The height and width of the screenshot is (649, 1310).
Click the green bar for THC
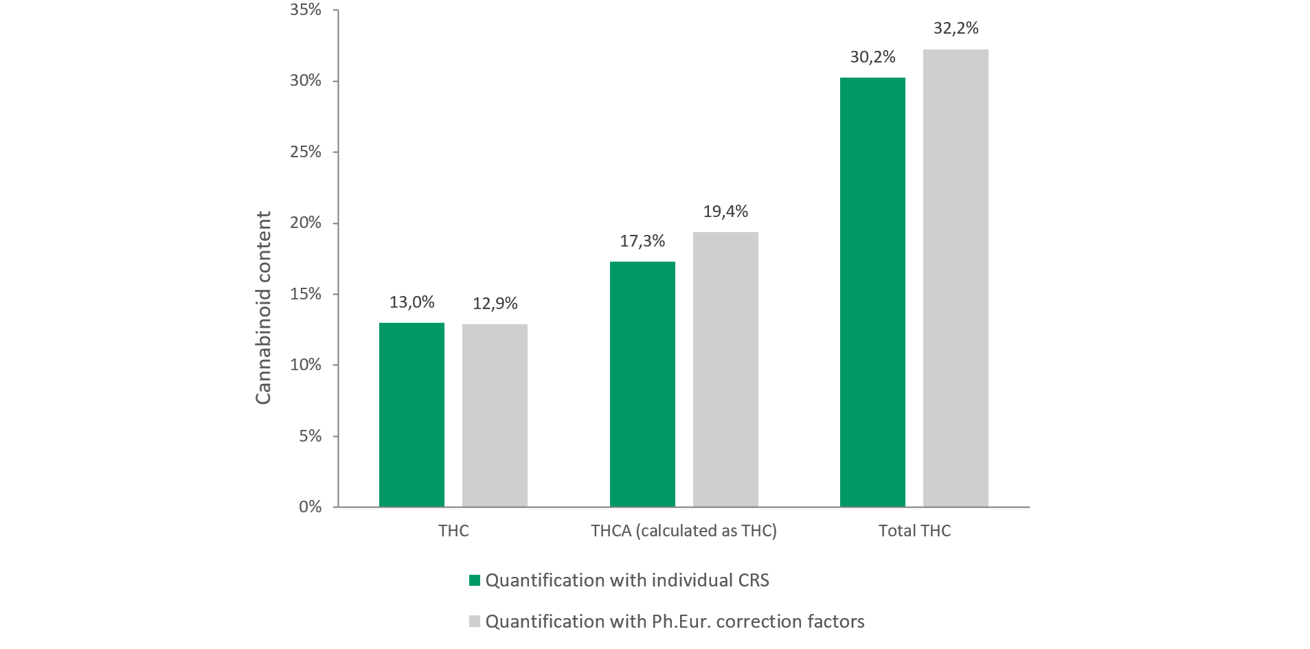point(411,415)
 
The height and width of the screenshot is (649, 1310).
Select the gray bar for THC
point(495,415)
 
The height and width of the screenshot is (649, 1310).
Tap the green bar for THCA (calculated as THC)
point(642,384)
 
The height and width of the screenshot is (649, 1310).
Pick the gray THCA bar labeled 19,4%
point(725,369)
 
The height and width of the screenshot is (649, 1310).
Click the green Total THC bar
point(872,292)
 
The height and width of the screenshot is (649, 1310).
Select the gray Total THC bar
point(956,278)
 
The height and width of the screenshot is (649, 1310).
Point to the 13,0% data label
point(411,302)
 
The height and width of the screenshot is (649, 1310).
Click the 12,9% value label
point(495,304)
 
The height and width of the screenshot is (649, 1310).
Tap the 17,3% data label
point(642,241)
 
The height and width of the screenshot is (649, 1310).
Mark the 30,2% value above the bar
point(872,57)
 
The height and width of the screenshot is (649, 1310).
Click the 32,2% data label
point(956,28)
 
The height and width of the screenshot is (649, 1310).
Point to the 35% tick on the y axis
point(306,10)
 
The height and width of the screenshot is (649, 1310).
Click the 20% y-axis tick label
point(306,223)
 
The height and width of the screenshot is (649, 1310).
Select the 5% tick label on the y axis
point(310,436)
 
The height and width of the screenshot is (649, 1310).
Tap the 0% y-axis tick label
point(310,507)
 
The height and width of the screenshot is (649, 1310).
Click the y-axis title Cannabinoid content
point(263,308)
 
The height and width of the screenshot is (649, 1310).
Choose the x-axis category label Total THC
point(914,531)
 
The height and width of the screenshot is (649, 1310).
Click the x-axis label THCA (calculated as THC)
point(684,531)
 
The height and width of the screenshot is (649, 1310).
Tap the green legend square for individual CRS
point(475,580)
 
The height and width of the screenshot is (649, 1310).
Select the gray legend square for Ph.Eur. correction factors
point(475,622)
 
